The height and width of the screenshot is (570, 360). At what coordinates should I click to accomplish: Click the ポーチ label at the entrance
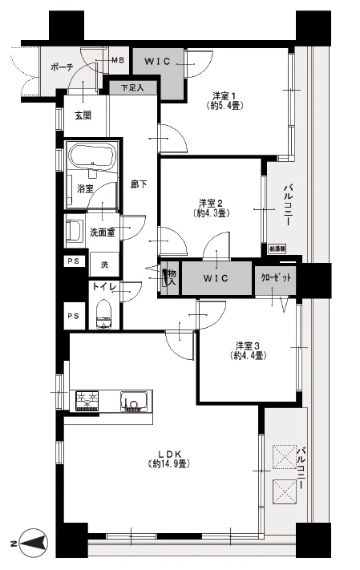[61, 68]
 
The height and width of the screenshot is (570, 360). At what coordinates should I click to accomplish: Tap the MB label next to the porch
[117, 60]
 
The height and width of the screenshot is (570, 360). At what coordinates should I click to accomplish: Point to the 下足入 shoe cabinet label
[132, 87]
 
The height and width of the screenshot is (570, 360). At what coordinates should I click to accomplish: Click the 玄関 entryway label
[83, 115]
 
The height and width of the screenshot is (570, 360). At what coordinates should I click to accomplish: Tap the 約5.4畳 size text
[227, 105]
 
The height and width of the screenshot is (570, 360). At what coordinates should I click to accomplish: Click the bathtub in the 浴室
[91, 154]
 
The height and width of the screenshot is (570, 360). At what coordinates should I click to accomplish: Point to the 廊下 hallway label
[140, 184]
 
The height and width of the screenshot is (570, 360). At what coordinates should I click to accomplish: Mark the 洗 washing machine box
[104, 264]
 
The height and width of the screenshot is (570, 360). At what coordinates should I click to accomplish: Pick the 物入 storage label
[170, 277]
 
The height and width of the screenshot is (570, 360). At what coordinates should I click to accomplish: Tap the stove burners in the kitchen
[87, 398]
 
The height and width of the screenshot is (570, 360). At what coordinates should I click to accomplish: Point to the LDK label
[166, 453]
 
